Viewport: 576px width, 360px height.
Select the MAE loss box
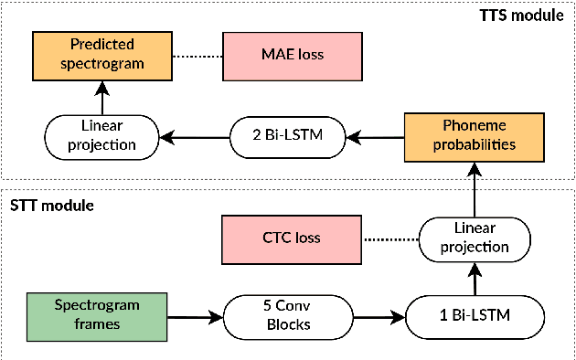tap(275, 54)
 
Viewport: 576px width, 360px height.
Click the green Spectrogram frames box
tap(84, 316)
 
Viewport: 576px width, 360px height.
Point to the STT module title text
tap(52, 205)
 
